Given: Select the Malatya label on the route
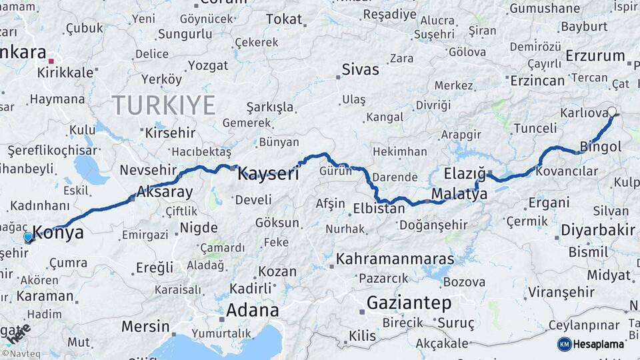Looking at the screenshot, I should (459, 194).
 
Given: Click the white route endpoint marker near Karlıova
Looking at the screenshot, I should (612, 112).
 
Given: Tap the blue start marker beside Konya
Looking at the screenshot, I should (28, 237).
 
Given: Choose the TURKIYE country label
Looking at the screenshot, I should (163, 105).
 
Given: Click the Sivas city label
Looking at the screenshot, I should (360, 69).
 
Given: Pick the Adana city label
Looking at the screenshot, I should (252, 310).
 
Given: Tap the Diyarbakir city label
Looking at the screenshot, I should (597, 230).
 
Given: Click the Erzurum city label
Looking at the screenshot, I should (595, 56).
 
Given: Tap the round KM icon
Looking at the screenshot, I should (565, 344).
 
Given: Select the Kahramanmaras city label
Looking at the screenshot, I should (395, 259).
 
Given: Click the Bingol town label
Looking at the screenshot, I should (601, 146).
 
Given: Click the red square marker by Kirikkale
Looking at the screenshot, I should (51, 61).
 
